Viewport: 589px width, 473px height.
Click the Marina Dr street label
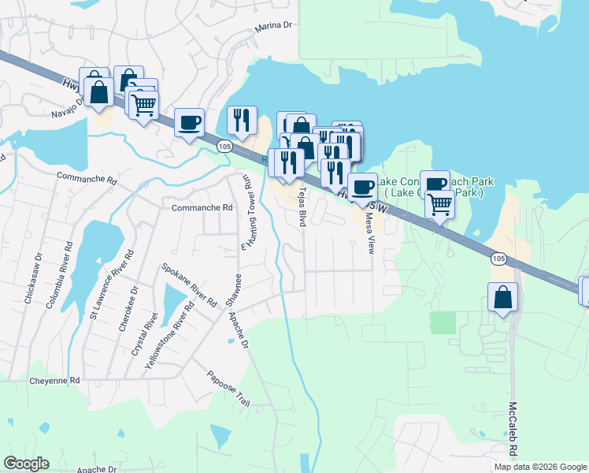(x=273, y=26)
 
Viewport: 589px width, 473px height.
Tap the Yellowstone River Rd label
(x=170, y=336)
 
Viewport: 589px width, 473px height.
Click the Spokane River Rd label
(x=189, y=285)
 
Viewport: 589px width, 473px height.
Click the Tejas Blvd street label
(x=301, y=207)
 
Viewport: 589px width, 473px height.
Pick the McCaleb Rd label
(x=513, y=430)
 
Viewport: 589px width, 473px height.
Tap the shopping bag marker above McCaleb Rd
(x=502, y=297)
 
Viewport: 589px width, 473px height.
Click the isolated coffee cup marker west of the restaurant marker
(x=189, y=123)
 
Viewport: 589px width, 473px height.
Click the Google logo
(x=26, y=464)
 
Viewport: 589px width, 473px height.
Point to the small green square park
(x=443, y=322)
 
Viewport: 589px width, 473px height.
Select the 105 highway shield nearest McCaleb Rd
(x=498, y=259)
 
